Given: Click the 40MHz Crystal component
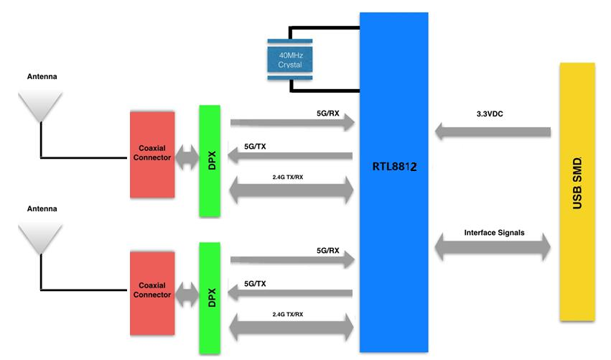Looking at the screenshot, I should tap(289, 60).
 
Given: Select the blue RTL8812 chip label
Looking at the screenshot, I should tap(393, 166).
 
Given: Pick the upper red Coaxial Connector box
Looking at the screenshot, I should tap(152, 154).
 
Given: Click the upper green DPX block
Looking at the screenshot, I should tap(210, 161).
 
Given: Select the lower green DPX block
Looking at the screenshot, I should tap(210, 298).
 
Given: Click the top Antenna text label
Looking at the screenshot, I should tap(42, 76).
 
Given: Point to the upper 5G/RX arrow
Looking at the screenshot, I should tap(293, 124).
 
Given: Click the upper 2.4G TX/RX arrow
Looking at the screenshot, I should tap(291, 190).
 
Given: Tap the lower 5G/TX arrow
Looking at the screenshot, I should tap(289, 293).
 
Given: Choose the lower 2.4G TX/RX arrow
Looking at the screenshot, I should tap(291, 327).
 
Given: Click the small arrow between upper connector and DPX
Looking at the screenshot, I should tap(187, 157).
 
